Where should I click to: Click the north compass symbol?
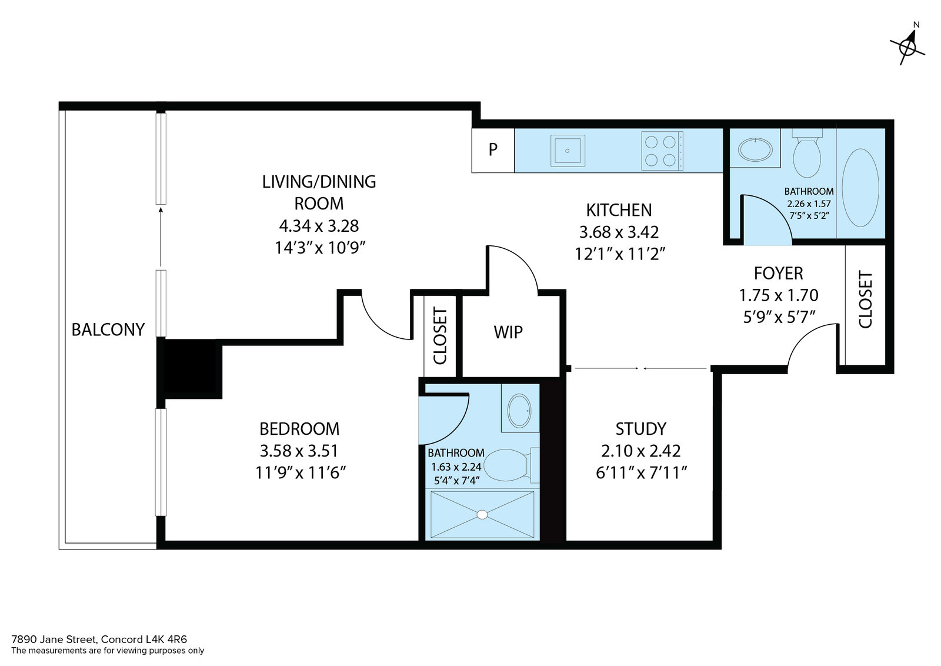(907, 46)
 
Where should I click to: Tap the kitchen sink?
(568, 151)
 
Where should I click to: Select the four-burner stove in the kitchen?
(662, 151)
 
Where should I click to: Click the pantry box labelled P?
(493, 150)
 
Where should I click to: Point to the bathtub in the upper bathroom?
(860, 188)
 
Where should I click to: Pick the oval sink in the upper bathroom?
(755, 149)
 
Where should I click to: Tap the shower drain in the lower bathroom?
(482, 514)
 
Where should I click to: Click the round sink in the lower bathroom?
(520, 411)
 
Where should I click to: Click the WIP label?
(508, 332)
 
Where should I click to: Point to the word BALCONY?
(108, 329)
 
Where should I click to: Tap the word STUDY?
(640, 428)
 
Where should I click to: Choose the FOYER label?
(779, 273)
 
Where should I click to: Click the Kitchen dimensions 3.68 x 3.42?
(619, 232)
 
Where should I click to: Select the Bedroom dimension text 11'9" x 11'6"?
(301, 472)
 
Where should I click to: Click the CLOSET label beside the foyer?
(865, 299)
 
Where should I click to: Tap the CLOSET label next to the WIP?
(440, 336)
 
